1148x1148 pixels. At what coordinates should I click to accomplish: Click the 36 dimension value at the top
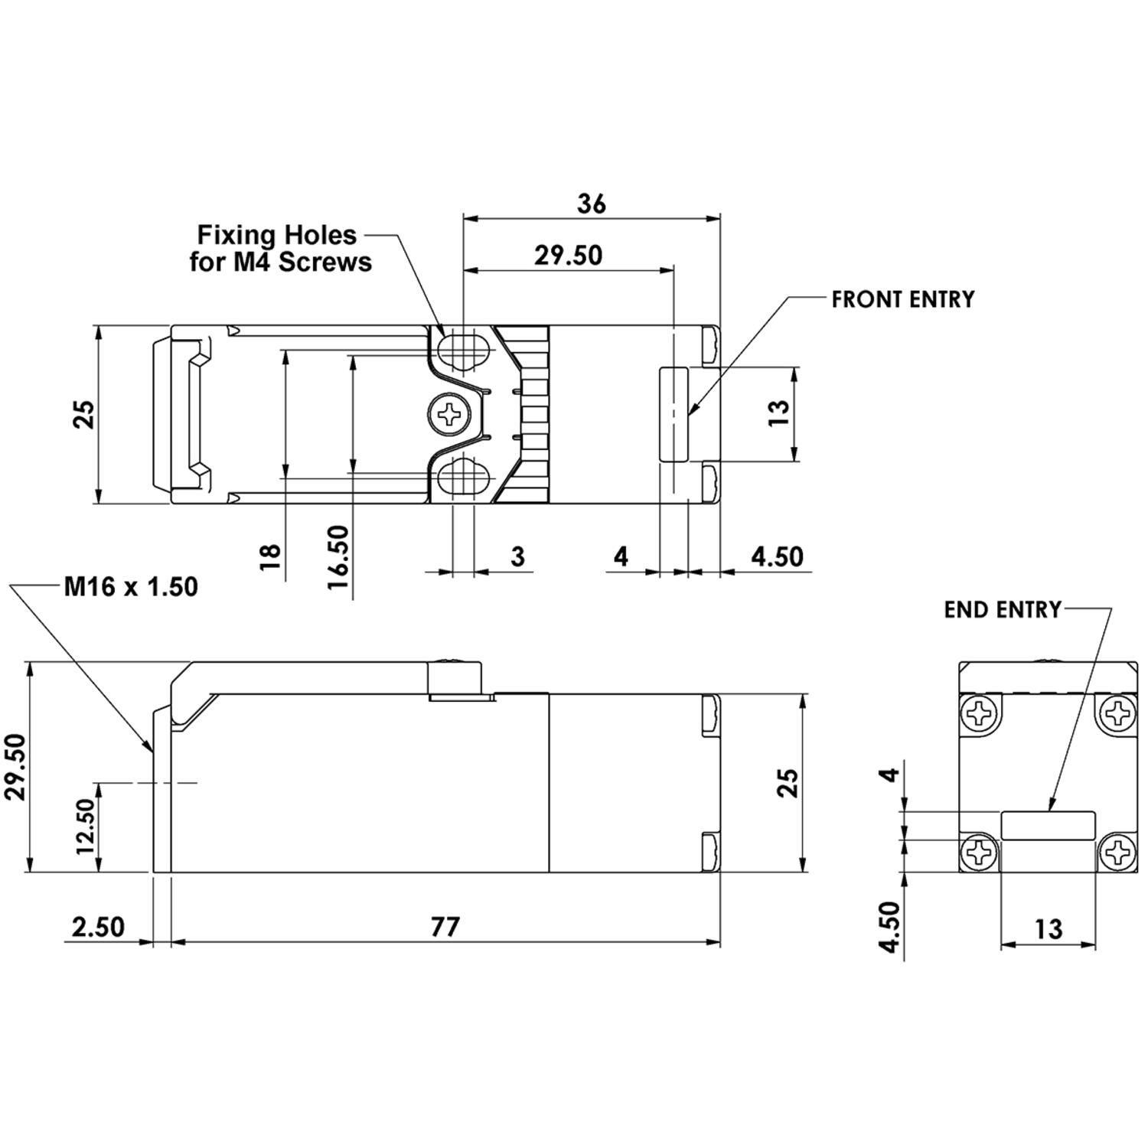coord(591,204)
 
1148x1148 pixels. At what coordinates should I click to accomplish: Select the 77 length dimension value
coord(445,927)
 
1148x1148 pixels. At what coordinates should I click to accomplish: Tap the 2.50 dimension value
coord(98,927)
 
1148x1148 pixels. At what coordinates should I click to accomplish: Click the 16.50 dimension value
coord(338,556)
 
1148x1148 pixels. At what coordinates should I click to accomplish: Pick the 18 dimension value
coord(270,556)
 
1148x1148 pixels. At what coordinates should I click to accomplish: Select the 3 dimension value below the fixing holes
coord(517,556)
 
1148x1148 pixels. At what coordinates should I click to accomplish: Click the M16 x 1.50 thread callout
coord(131,587)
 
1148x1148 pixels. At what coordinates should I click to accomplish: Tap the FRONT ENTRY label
coord(903,299)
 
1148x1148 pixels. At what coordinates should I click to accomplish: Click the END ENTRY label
coord(1003,610)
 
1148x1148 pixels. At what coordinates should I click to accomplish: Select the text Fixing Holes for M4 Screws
coord(280,248)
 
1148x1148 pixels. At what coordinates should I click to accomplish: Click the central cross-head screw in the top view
coord(448,415)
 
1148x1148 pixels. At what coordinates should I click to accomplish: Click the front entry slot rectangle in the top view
coord(673,414)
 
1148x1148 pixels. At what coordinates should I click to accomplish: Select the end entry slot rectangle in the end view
coord(1048,825)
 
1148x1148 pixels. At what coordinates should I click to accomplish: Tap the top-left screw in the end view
coord(980,715)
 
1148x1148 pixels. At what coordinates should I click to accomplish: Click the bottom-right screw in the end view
coord(1117,852)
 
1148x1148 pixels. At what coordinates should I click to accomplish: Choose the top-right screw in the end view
coord(1117,715)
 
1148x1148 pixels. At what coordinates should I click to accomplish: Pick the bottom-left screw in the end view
coord(980,852)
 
